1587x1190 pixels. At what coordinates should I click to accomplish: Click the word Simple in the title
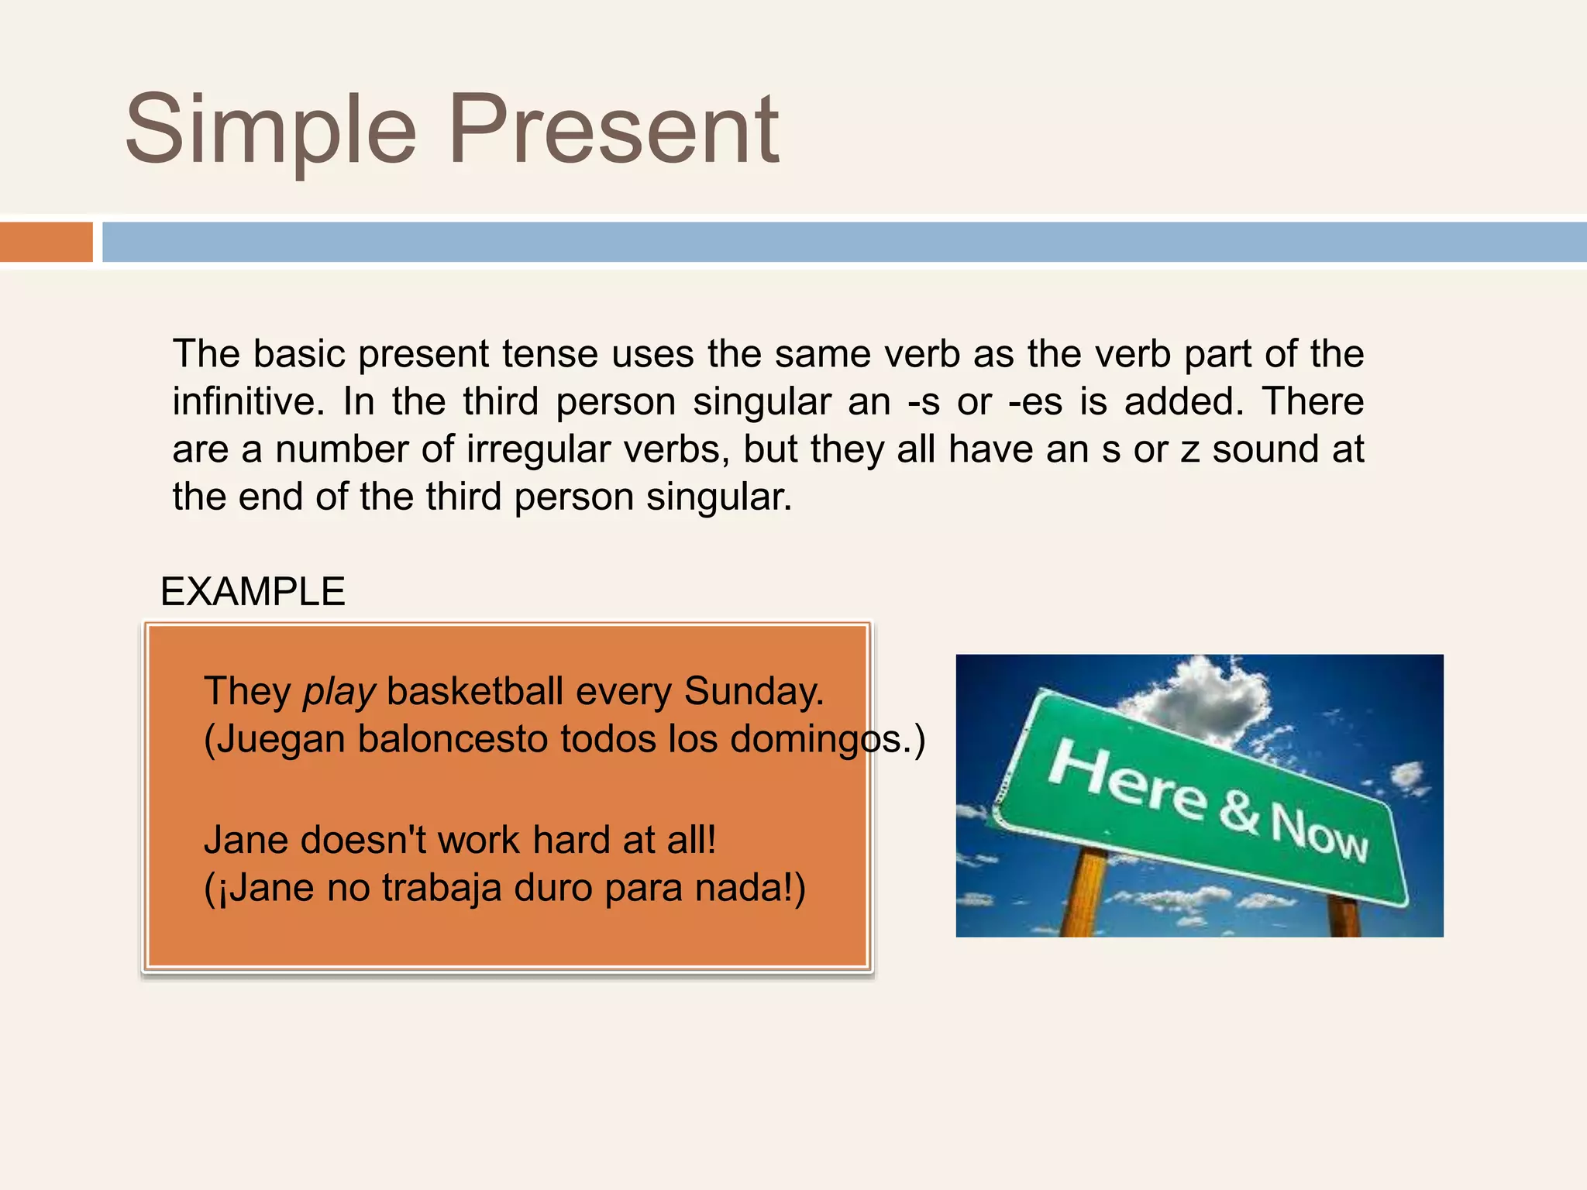pos(271,130)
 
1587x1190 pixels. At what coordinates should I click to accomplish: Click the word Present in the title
pos(614,130)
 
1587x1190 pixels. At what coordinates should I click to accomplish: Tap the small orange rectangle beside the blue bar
pos(46,242)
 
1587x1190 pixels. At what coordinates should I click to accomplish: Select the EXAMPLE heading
pos(253,592)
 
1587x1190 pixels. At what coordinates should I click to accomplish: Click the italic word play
pos(339,692)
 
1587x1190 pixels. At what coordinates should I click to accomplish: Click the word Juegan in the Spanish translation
pos(281,739)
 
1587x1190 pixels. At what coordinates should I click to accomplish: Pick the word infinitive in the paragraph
pos(247,401)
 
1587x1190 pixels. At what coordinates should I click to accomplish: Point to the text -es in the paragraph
pos(1035,403)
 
